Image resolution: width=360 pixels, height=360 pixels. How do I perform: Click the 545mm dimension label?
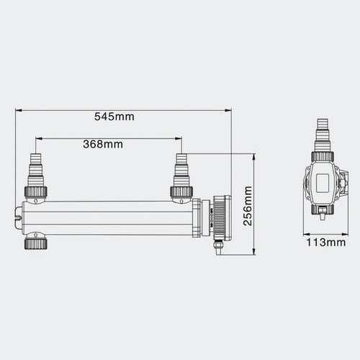tap(114, 117)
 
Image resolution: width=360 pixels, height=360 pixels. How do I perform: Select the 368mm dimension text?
tap(103, 144)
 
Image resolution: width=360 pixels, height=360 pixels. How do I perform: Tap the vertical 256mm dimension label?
tap(248, 206)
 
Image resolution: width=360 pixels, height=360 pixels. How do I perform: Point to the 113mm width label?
tap(326, 243)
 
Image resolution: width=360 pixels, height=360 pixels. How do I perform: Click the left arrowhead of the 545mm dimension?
tap(19, 110)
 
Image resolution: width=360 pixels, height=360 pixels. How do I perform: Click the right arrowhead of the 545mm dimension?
tap(228, 110)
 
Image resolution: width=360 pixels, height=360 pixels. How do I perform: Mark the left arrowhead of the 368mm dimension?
tap(39, 138)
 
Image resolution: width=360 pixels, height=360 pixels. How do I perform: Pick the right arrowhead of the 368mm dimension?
tap(179, 138)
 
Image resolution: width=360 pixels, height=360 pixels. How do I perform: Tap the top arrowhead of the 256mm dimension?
tap(254, 156)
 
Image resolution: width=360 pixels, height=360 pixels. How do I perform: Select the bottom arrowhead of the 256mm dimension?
tap(254, 252)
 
